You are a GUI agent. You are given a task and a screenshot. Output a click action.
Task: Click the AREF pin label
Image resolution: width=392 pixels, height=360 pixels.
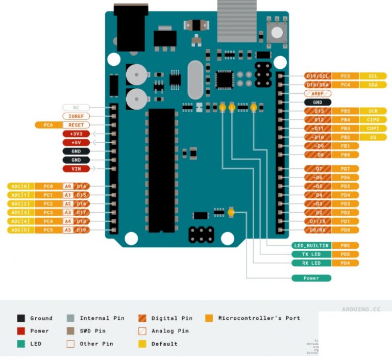[x=317, y=94]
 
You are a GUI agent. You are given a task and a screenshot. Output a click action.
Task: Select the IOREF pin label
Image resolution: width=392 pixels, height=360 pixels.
[x=76, y=116]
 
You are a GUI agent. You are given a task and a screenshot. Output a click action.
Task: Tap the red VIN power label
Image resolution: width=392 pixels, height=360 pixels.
[x=76, y=169]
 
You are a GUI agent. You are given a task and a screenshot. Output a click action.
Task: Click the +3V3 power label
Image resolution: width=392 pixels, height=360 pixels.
[x=76, y=134]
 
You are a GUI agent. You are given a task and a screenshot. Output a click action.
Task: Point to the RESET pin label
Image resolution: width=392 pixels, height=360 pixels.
[x=76, y=125]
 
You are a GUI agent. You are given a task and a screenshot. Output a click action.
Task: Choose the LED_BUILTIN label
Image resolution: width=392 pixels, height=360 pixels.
[x=311, y=246]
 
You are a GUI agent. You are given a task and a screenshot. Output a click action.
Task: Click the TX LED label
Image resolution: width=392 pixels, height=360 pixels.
[x=311, y=254]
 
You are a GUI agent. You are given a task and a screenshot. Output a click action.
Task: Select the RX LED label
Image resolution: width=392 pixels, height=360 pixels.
[x=311, y=263]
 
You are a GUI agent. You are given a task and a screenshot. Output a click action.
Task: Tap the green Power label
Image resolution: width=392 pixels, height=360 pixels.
[x=311, y=278]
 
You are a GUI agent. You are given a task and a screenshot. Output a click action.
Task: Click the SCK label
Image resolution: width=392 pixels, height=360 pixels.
[x=373, y=111]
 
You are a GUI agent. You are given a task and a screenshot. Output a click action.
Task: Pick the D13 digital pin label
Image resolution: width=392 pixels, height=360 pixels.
[x=318, y=111]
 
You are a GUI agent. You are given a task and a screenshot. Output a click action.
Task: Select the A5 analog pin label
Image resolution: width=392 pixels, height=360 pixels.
[x=68, y=230]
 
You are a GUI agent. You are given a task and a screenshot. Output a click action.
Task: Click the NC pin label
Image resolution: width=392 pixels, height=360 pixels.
[x=76, y=108]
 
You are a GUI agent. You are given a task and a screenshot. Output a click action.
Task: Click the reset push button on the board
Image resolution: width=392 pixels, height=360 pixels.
[x=276, y=33]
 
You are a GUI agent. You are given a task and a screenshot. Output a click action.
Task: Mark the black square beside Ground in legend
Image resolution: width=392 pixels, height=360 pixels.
[x=21, y=318]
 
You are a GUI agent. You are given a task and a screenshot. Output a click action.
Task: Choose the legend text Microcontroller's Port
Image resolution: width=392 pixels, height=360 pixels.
[x=259, y=318]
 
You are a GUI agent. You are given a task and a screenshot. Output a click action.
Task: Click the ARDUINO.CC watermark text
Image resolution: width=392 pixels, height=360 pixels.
[x=361, y=309]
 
